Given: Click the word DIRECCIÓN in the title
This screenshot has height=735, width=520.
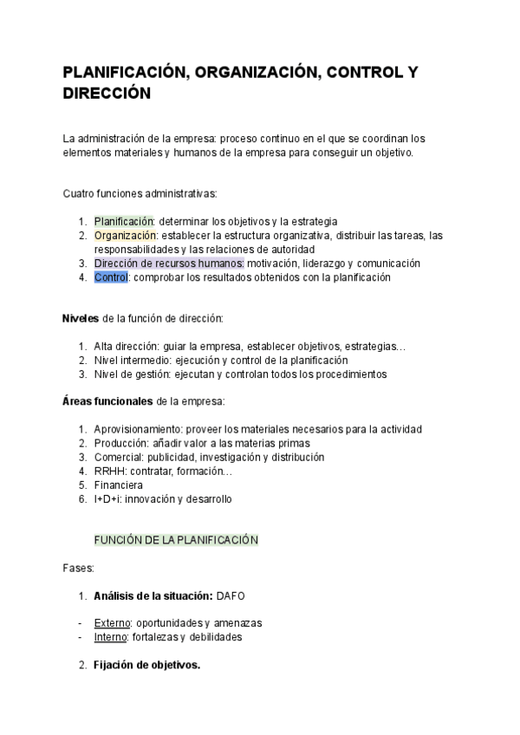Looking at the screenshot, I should pos(107,93).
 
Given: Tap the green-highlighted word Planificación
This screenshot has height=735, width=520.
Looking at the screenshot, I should pos(123,221).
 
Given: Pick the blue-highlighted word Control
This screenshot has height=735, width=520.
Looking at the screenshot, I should pos(110,277).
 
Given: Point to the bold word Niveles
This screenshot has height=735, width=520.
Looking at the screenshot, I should pos(81,318).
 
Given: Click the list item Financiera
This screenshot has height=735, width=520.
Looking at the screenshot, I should pos(119,485).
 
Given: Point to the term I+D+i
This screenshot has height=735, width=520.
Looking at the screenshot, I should pos(107,499).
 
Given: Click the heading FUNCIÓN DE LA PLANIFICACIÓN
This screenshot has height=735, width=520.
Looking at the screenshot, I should pos(176,540).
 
